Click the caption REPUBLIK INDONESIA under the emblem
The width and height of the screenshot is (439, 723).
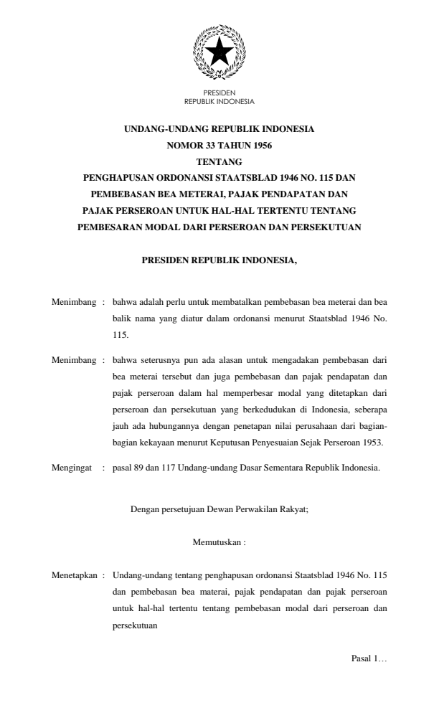point(219,101)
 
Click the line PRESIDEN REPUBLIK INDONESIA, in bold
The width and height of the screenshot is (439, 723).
point(219,261)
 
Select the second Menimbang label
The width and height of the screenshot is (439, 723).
point(73,359)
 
